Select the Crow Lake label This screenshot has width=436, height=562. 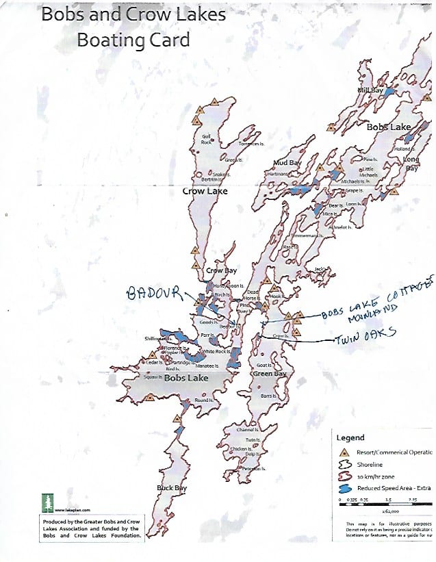coord(205,192)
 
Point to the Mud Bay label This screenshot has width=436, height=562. coord(287,163)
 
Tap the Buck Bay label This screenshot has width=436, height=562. coord(172,487)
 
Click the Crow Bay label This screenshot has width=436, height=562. coord(221,270)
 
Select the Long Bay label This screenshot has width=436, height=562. coord(411,164)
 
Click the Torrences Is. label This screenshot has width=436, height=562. coord(250,143)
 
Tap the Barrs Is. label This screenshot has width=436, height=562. coord(268,396)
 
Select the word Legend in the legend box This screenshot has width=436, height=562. coord(350,437)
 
